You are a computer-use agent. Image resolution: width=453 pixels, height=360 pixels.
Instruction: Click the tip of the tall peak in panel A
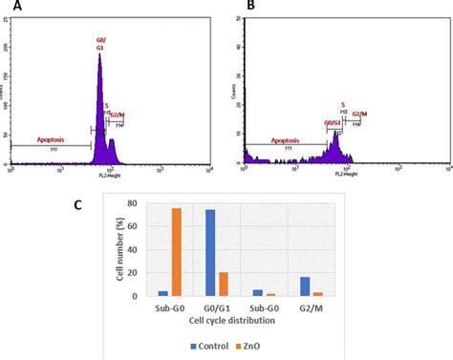[x=99, y=55]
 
